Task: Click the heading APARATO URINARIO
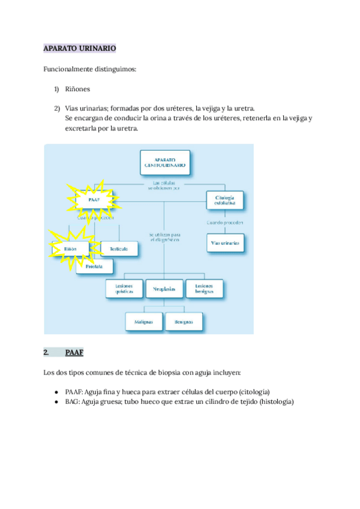[x=80, y=47]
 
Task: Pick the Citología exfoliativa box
[x=225, y=200]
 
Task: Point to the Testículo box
[x=119, y=247]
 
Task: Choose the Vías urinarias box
[x=225, y=243]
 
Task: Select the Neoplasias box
[x=164, y=289]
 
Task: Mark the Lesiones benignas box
[x=204, y=288]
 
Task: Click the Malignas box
[x=144, y=321]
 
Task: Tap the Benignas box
[x=184, y=321]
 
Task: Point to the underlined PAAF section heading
[x=74, y=352]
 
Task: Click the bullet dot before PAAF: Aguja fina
[x=56, y=391]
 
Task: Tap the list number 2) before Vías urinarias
[x=57, y=108]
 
